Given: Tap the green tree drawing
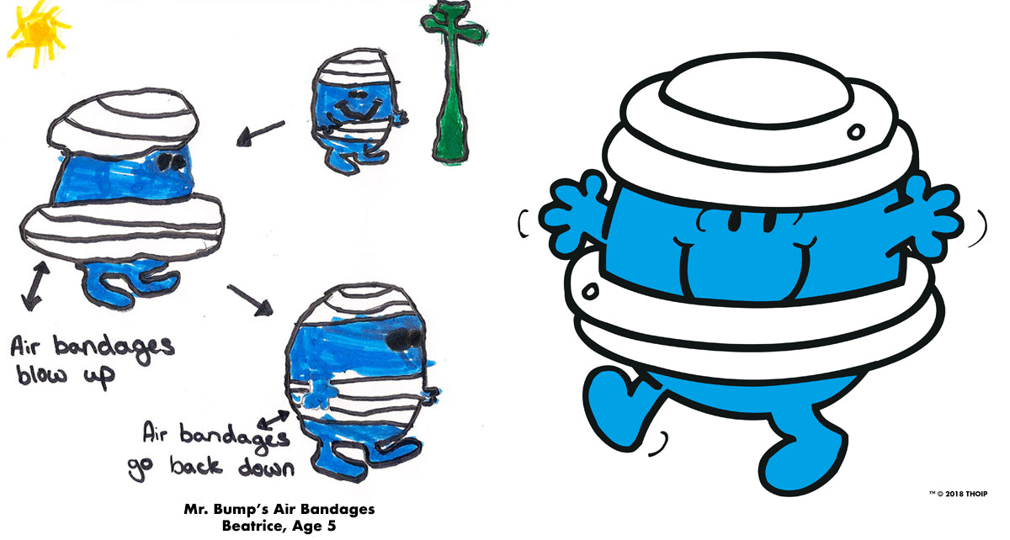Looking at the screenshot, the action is click(453, 81).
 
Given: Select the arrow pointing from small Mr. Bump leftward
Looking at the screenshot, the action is click(260, 133).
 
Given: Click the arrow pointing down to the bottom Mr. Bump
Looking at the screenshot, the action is click(250, 300).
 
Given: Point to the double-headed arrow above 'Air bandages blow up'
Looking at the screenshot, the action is click(35, 286).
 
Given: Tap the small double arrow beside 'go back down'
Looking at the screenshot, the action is click(274, 419).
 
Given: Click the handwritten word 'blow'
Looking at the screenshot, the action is click(42, 374).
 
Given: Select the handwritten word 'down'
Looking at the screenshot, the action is click(266, 467).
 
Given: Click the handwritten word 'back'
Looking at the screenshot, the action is click(196, 465).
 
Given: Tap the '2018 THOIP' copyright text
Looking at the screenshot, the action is click(966, 494).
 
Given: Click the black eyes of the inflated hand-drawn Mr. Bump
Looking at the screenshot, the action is click(172, 161).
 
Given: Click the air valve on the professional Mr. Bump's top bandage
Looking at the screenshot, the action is click(855, 131).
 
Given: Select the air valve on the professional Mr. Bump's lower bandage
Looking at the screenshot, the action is click(590, 291).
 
